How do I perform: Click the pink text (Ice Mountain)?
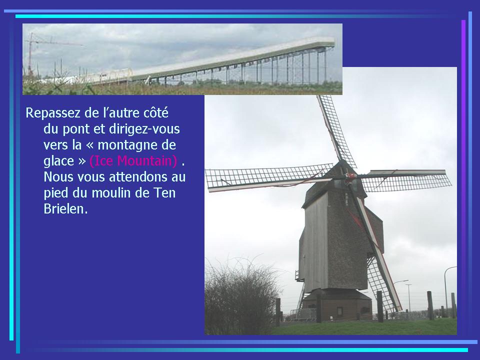click(133, 161)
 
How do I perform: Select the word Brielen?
click(66, 209)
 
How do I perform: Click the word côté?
click(156, 112)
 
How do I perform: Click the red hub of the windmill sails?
click(349, 176)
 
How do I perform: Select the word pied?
click(56, 193)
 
